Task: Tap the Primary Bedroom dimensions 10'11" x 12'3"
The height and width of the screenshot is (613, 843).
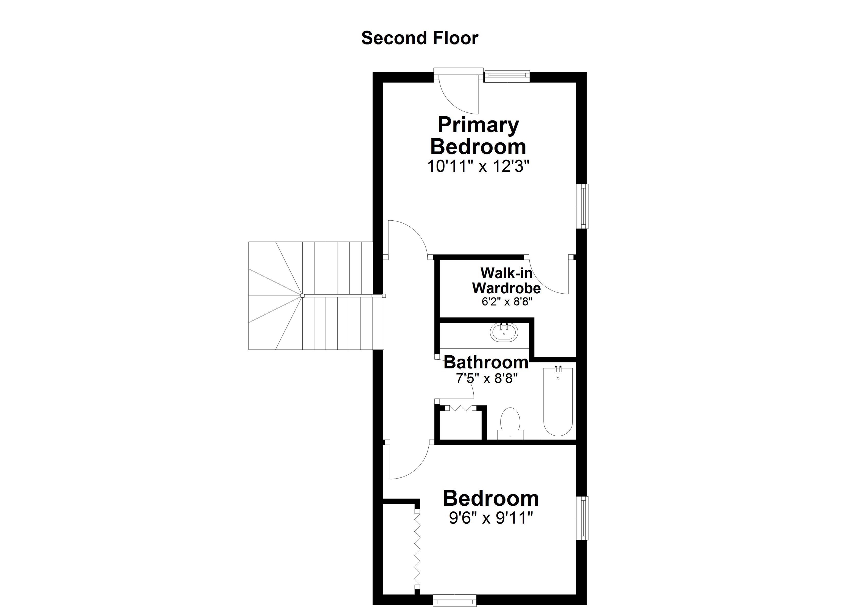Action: pos(478,166)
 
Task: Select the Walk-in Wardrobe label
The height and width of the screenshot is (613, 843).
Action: pos(506,281)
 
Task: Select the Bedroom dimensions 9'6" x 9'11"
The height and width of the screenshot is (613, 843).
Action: pos(491,518)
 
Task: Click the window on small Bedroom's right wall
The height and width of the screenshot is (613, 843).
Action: pos(584,518)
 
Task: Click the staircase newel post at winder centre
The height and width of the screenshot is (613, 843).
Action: pos(302,296)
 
